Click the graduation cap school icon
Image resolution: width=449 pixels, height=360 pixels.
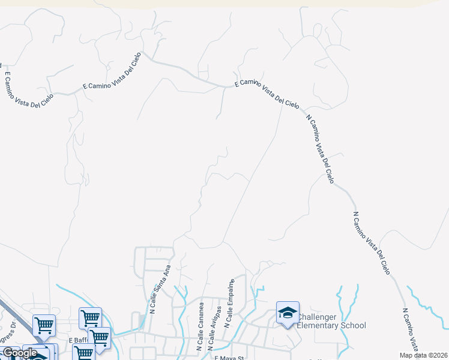[288, 313]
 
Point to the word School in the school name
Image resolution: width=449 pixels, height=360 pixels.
[354, 326]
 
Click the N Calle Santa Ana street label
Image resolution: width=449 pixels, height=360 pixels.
[160, 289]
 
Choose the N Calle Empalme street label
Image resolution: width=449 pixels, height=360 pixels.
[229, 302]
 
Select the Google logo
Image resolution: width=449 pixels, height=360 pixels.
[19, 353]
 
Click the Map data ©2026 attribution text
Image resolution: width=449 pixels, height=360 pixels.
[424, 355]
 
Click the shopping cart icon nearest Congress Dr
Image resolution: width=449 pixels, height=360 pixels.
[44, 325]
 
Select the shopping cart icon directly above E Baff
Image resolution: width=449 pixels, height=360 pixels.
[90, 317]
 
